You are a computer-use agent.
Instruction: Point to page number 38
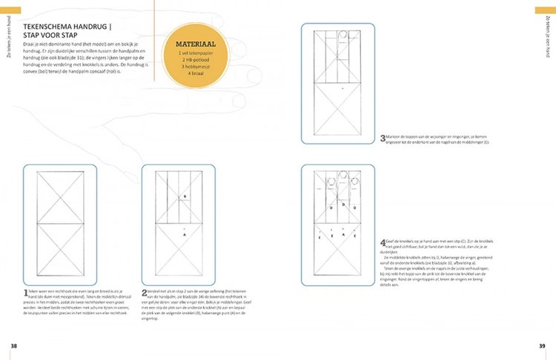click(13, 346)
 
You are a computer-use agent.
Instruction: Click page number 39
click(542, 346)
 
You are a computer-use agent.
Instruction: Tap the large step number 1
click(26, 294)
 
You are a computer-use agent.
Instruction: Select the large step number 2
click(144, 294)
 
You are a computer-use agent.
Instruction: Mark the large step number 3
click(381, 139)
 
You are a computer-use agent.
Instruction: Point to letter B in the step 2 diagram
click(184, 197)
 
